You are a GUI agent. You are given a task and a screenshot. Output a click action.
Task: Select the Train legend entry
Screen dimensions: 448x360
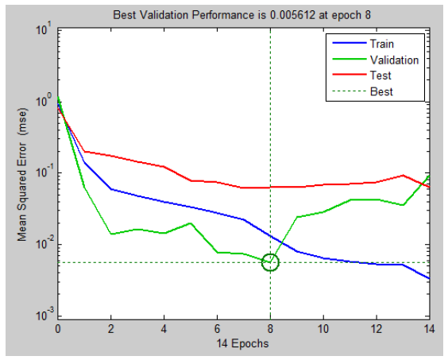(363, 44)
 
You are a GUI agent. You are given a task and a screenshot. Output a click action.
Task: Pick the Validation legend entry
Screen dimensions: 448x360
(376, 60)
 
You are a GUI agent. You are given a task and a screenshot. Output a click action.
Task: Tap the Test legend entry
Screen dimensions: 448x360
(361, 75)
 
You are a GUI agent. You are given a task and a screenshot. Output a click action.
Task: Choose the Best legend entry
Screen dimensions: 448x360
(362, 91)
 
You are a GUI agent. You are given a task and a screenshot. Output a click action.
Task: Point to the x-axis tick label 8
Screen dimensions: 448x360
(270, 329)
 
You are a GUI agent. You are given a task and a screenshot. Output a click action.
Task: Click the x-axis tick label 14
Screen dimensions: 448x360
(429, 329)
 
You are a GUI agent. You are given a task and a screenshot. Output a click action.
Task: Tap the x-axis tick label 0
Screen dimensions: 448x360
(58, 329)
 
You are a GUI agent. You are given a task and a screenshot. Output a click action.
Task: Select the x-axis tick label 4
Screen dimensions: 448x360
(164, 329)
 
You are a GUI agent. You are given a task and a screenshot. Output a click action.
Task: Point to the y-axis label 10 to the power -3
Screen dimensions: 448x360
(44, 315)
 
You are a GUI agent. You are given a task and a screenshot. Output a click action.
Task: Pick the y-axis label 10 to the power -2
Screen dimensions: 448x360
(44, 243)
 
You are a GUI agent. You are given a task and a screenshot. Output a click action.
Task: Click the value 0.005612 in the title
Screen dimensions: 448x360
(292, 15)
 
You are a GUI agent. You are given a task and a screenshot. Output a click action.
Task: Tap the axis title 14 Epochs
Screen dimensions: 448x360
(242, 343)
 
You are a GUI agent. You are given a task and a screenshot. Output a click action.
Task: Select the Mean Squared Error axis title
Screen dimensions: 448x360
(22, 174)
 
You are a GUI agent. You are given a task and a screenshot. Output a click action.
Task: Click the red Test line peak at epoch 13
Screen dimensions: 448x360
(403, 176)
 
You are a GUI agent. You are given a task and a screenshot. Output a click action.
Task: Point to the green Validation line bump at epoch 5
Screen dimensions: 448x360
(191, 223)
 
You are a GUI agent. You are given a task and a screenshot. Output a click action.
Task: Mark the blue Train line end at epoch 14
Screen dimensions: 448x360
(430, 278)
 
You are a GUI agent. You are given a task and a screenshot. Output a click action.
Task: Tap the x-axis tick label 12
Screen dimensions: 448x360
(377, 329)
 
